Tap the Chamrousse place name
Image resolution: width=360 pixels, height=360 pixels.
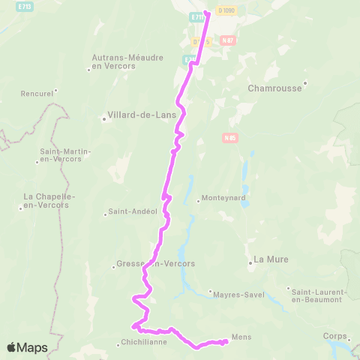[274, 88]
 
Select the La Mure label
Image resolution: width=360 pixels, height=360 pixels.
[271, 259]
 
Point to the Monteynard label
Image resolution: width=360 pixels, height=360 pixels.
[222, 200]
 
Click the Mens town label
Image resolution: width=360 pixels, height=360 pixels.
[241, 337]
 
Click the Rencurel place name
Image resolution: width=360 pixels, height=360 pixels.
[38, 94]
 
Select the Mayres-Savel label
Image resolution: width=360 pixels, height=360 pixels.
[240, 294]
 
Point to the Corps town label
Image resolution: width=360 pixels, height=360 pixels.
[334, 336]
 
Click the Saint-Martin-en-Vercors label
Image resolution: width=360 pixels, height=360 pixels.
[65, 155]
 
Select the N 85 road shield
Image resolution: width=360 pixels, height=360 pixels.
[229, 137]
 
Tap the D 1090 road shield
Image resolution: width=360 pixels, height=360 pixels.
[225, 10]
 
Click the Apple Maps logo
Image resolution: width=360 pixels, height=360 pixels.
[27, 347]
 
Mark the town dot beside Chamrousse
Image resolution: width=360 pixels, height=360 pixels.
[305, 83]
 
